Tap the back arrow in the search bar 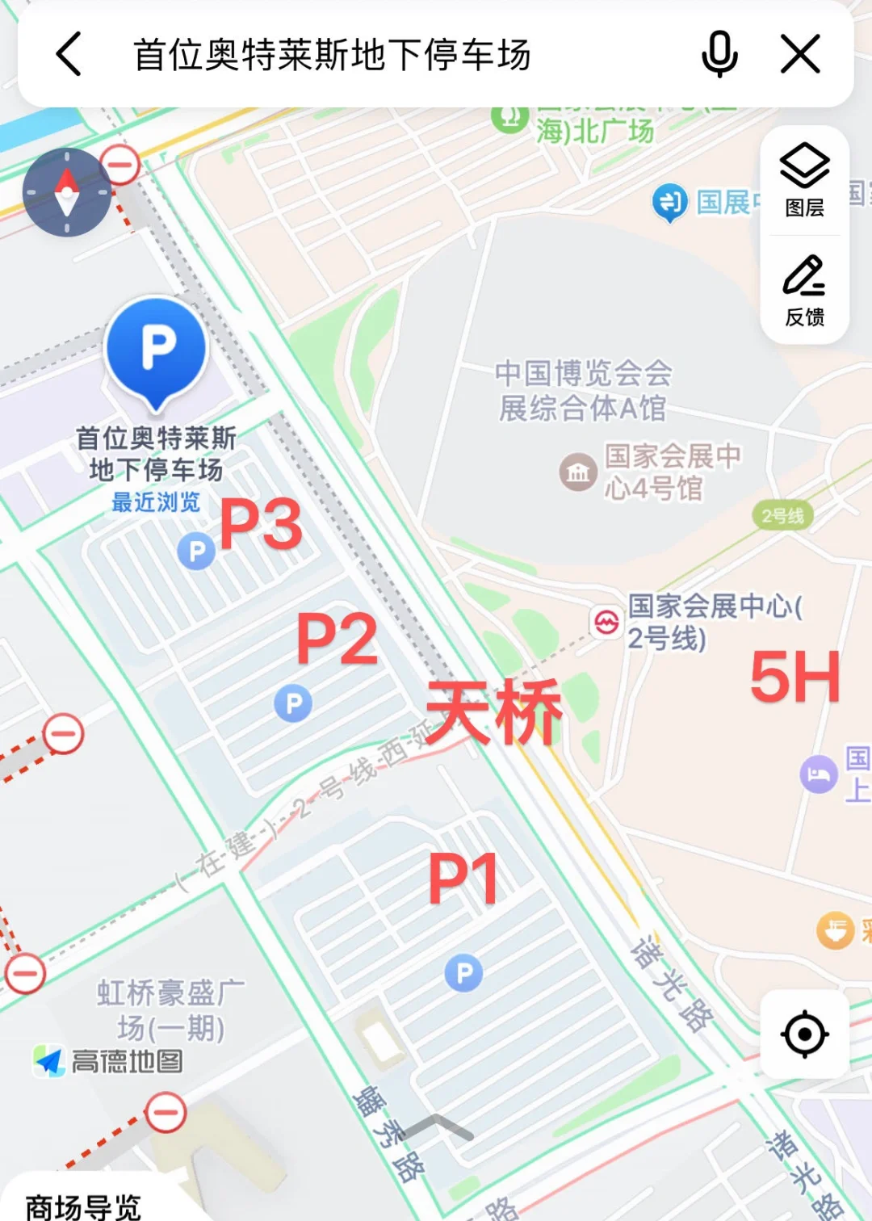(x=69, y=54)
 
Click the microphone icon (x=719, y=54)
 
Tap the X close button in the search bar (x=800, y=54)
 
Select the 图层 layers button (x=804, y=180)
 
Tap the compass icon (x=67, y=192)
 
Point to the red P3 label (x=261, y=525)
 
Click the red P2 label (x=337, y=639)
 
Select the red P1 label (x=463, y=879)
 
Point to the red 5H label (x=794, y=678)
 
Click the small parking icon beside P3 (x=196, y=552)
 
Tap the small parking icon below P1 (x=463, y=973)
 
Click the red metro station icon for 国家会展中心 (x=606, y=622)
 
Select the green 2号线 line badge (x=782, y=515)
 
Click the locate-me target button (x=804, y=1034)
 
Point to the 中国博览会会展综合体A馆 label (x=583, y=391)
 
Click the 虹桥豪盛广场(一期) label (x=170, y=1010)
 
